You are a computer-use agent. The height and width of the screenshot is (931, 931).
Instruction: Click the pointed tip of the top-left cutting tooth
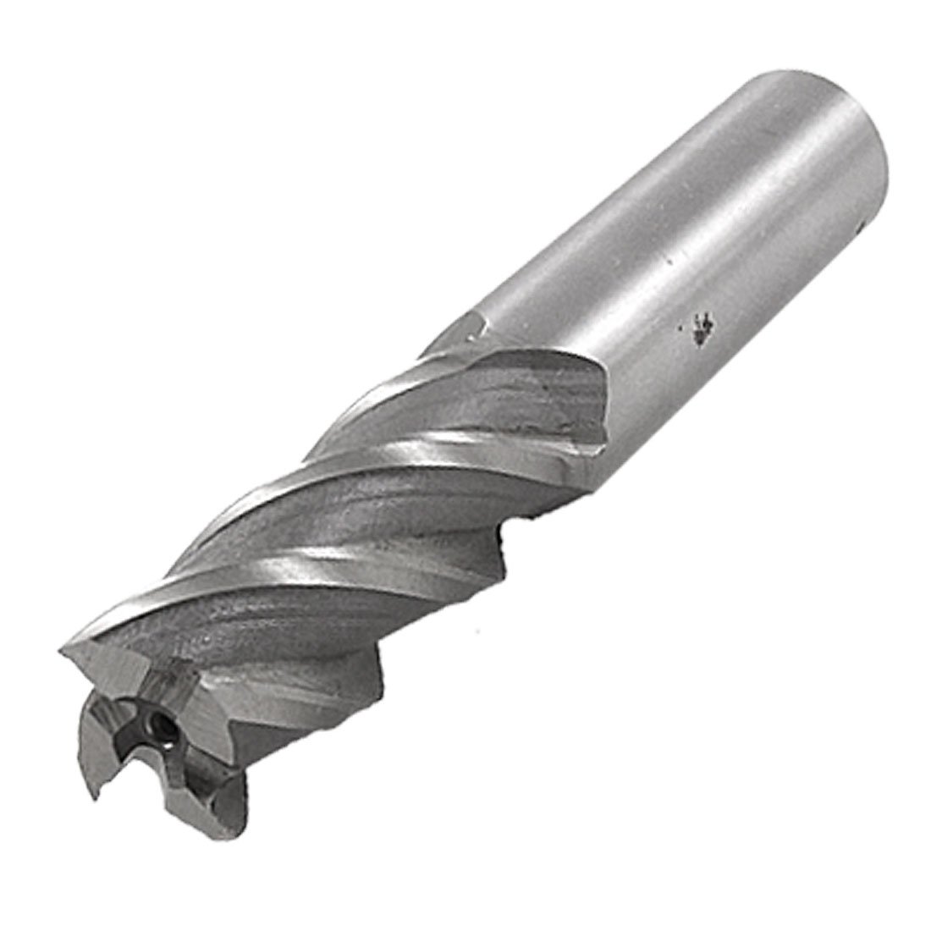point(61,651)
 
